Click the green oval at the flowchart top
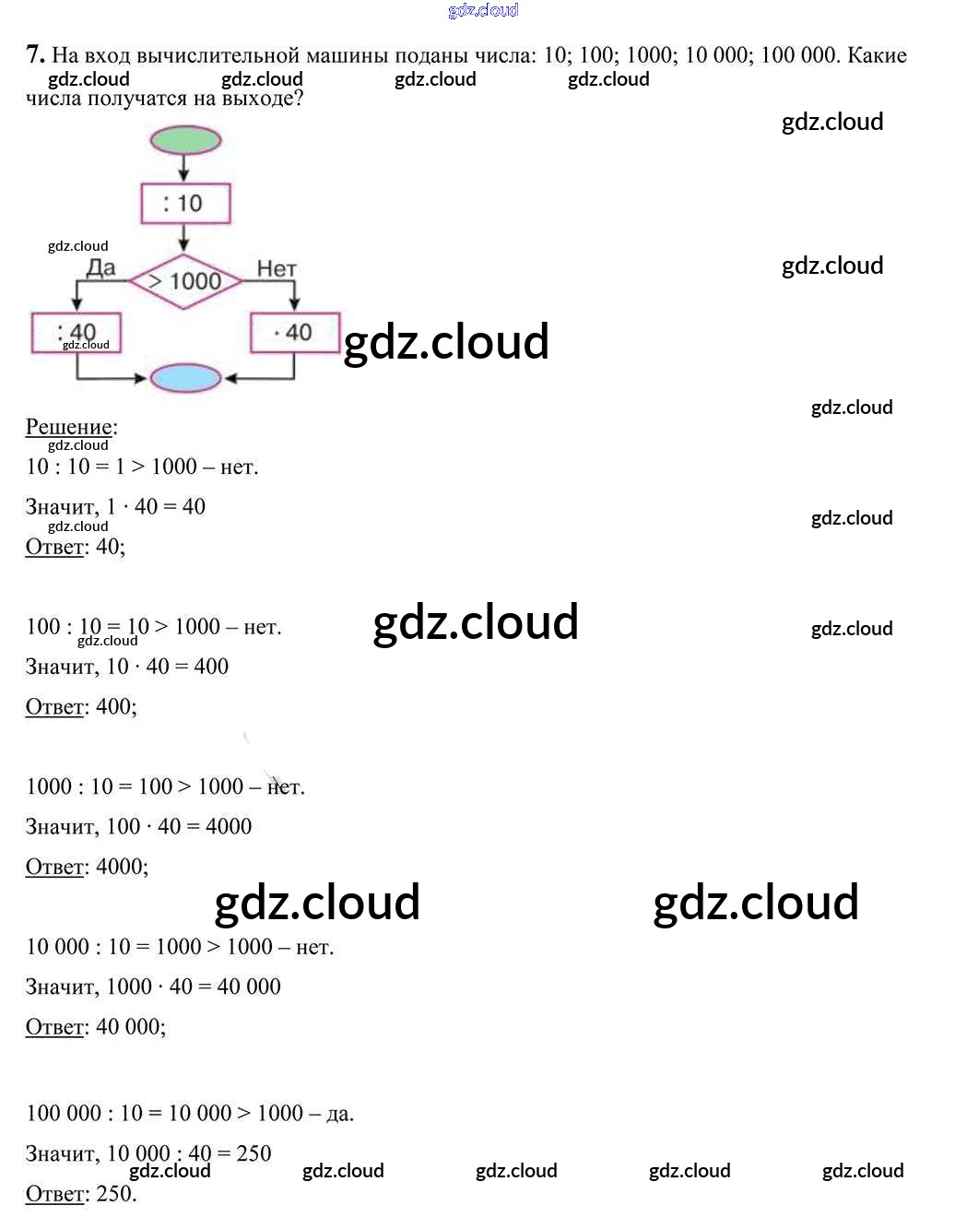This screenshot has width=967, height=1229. [185, 140]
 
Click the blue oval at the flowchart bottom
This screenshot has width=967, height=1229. [185, 378]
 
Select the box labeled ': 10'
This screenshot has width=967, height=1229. [185, 203]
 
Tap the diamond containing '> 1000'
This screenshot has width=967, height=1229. [185, 280]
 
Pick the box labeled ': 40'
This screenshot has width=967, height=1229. [77, 332]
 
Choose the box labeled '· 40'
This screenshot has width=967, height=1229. [295, 332]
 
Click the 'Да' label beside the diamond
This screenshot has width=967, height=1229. [100, 268]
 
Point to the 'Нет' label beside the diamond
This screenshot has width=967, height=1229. [277, 268]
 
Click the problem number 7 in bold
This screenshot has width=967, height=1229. [35, 54]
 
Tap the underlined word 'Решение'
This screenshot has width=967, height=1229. [69, 427]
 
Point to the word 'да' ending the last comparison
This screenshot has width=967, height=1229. [339, 1114]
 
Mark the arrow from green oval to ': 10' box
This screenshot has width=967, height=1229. [184, 168]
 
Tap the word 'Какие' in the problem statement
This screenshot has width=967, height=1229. [877, 55]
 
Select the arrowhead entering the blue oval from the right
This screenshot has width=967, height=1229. [230, 378]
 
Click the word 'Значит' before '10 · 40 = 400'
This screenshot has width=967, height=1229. [61, 667]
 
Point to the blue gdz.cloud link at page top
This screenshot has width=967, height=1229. [483, 10]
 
